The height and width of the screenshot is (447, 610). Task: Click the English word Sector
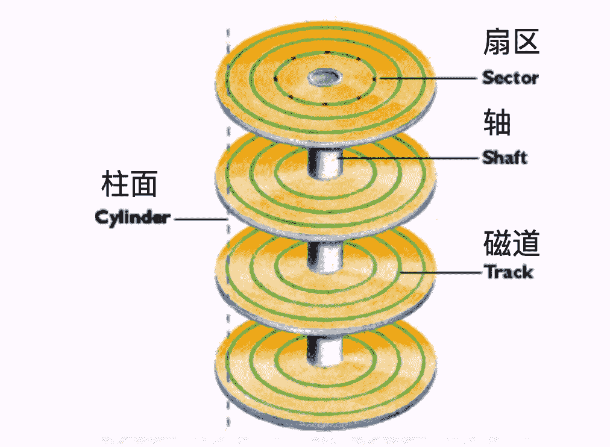[x=510, y=78]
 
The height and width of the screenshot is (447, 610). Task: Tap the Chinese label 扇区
[x=511, y=44]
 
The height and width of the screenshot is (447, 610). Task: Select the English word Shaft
[x=505, y=158]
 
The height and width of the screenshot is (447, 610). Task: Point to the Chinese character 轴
[x=497, y=123]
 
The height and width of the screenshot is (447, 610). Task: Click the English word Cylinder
[x=133, y=217]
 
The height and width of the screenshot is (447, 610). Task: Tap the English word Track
[x=509, y=272]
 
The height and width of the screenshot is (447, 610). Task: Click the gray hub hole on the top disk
[x=324, y=77]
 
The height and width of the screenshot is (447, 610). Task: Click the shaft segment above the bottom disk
[x=322, y=349]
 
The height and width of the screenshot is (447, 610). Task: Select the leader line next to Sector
[x=428, y=78]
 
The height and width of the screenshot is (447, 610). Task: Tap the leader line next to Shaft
[x=410, y=158]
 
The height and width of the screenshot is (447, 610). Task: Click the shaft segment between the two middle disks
[x=323, y=256]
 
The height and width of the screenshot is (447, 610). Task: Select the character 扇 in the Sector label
[x=496, y=44]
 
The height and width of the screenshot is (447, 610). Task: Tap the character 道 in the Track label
[x=525, y=243]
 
